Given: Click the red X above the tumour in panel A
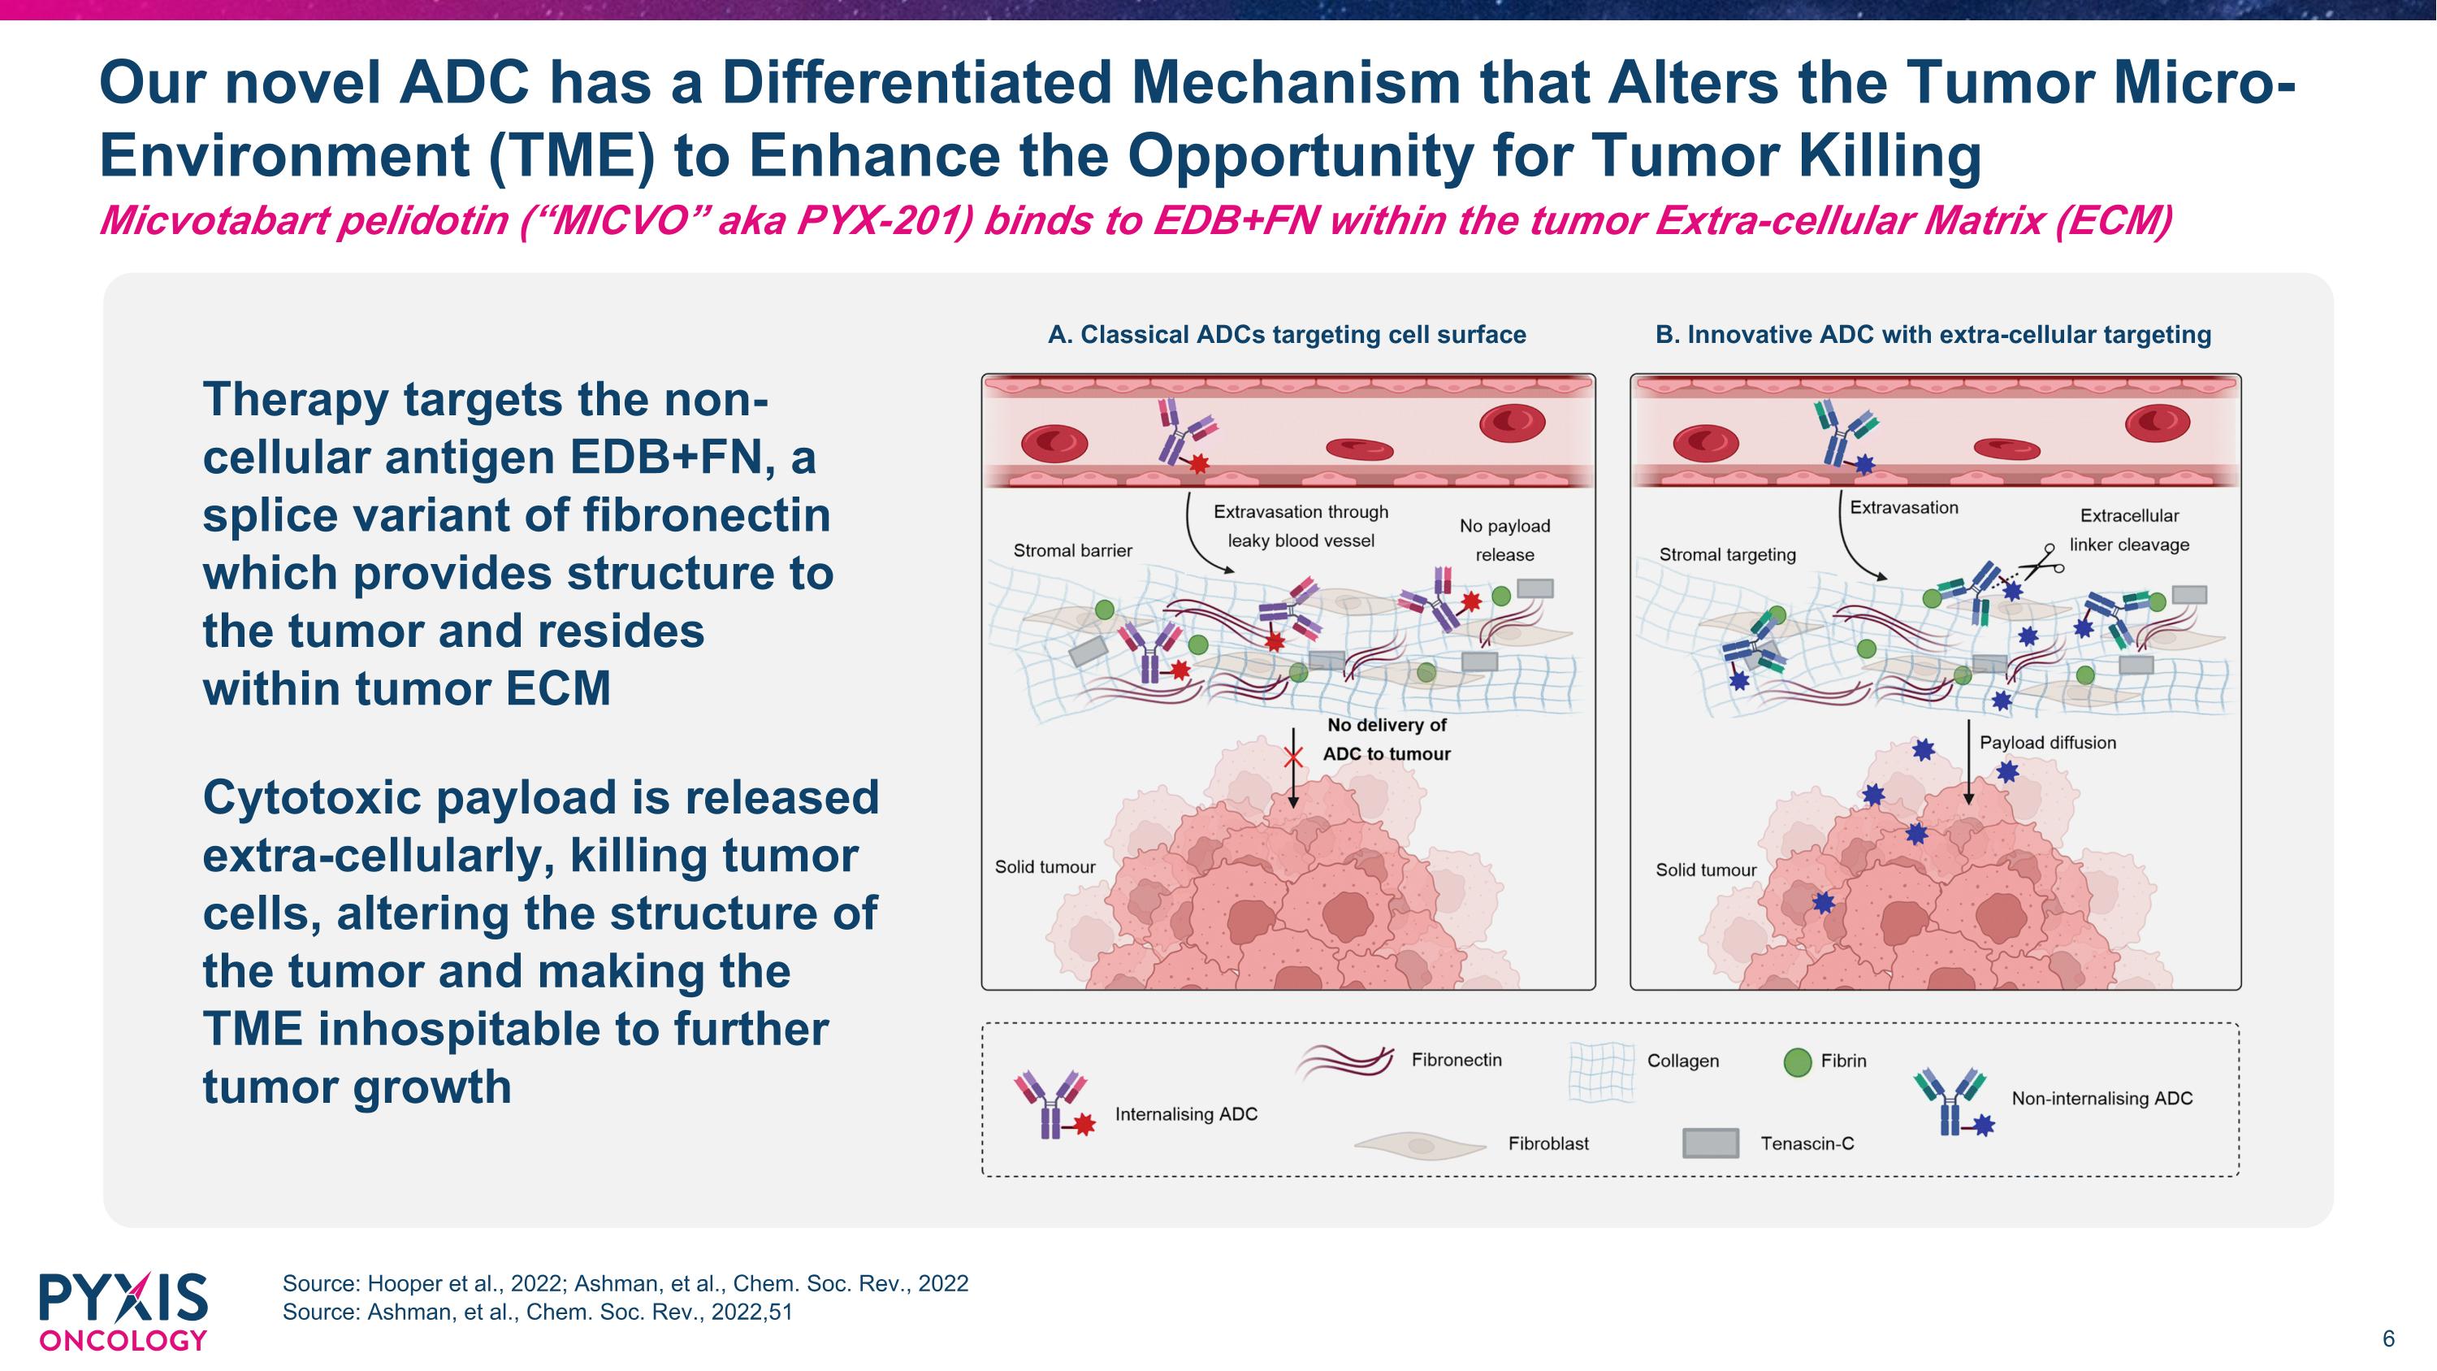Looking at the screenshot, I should click(1293, 757).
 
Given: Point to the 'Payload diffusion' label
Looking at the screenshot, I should click(2047, 743).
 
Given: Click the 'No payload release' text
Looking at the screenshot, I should click(1504, 540).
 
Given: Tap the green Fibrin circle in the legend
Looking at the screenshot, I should click(1797, 1062).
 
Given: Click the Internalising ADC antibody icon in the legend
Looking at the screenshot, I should click(1053, 1104).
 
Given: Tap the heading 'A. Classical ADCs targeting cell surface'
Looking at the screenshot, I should click(1287, 335).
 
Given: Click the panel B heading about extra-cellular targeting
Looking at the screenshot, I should click(1933, 335).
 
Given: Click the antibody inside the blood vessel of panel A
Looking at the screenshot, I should click(1182, 432).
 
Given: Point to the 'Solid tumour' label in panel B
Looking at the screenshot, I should click(1706, 870).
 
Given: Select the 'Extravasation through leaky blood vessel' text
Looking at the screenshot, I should click(1301, 526).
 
